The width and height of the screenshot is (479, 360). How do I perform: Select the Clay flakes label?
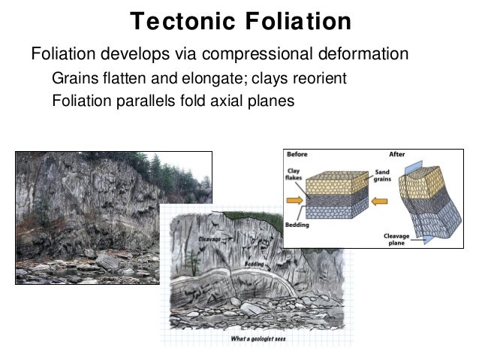[294, 174]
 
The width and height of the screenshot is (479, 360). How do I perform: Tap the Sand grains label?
[382, 175]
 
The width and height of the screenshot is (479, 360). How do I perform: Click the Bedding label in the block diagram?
[297, 224]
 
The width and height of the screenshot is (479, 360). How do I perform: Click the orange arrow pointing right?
[295, 201]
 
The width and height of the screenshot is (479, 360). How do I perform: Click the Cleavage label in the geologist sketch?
[209, 238]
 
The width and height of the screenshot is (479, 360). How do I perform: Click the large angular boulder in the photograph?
[107, 261]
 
